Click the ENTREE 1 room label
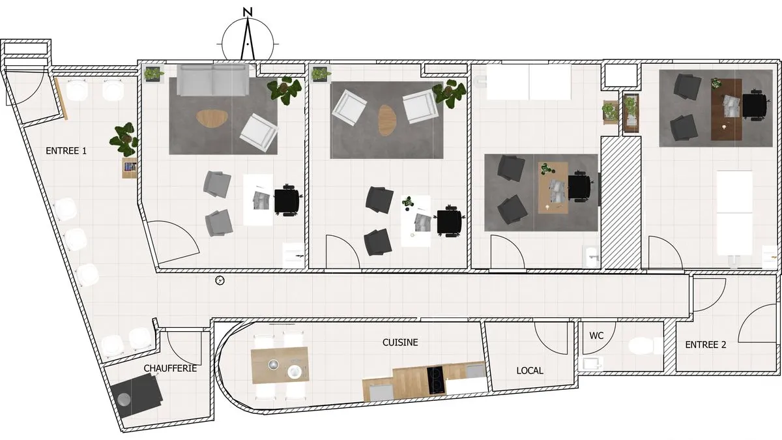66,151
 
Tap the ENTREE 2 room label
706,345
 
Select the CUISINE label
400,342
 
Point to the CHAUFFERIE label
170,368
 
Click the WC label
596,336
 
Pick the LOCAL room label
530,370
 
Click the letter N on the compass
248,12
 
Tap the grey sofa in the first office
213,80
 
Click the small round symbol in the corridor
220,280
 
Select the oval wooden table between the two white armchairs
388,120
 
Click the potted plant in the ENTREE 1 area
124,139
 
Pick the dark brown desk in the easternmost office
727,110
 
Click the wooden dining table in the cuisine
280,364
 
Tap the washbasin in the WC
591,364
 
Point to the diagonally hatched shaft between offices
620,203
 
